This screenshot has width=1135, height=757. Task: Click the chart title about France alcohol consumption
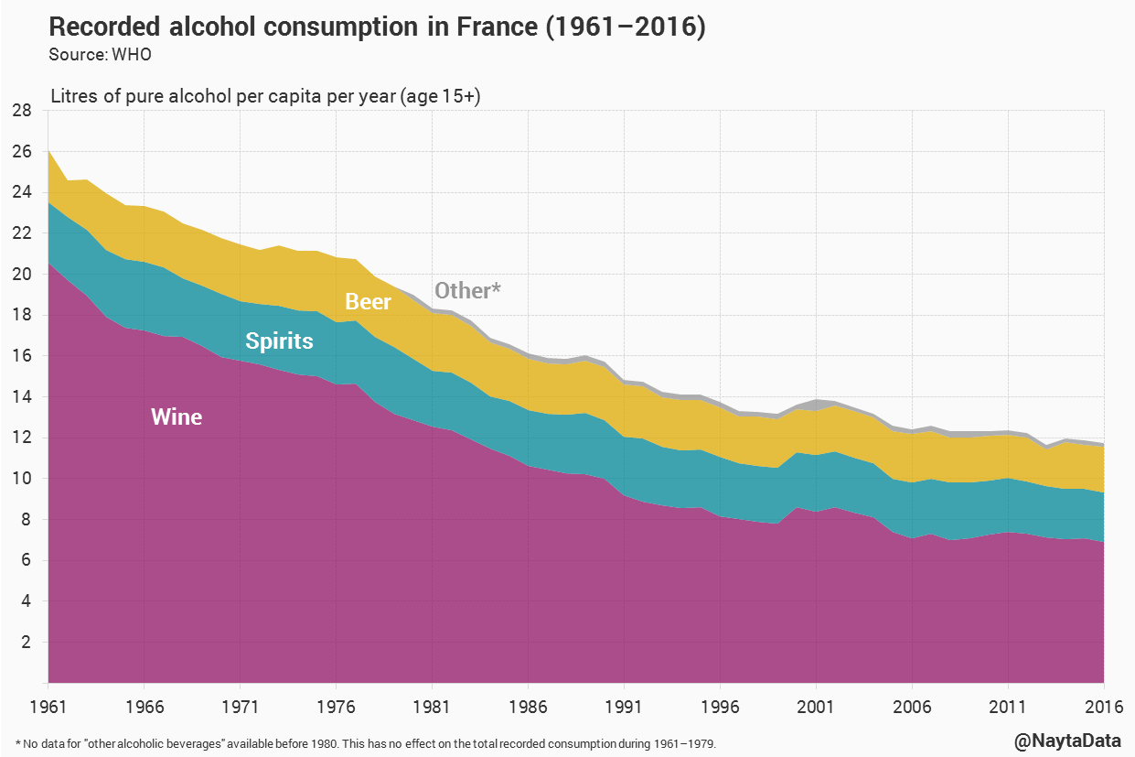click(377, 27)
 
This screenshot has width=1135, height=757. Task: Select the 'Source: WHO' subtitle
click(100, 55)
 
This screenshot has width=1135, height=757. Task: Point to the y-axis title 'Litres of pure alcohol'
click(265, 96)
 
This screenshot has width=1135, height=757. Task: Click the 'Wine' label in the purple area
click(177, 417)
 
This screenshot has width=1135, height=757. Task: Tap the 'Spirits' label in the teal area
click(279, 341)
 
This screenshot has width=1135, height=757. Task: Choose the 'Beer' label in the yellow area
click(368, 302)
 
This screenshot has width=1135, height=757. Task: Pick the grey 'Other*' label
click(467, 290)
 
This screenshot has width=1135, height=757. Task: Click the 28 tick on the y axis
click(22, 111)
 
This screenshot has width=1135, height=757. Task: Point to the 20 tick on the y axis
click(22, 275)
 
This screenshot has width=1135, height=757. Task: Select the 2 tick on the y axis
click(27, 643)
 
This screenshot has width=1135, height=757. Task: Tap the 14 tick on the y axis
click(22, 397)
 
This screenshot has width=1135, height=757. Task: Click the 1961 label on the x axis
click(48, 708)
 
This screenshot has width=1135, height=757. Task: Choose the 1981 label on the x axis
click(432, 708)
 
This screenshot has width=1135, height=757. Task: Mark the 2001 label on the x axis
click(815, 708)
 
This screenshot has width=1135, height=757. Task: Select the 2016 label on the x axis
click(1103, 708)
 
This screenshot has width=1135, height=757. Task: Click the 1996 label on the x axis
click(719, 708)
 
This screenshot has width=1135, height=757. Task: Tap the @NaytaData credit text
click(1067, 740)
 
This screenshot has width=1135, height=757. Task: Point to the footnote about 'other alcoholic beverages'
click(366, 743)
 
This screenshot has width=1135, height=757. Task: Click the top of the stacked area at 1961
click(48, 150)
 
